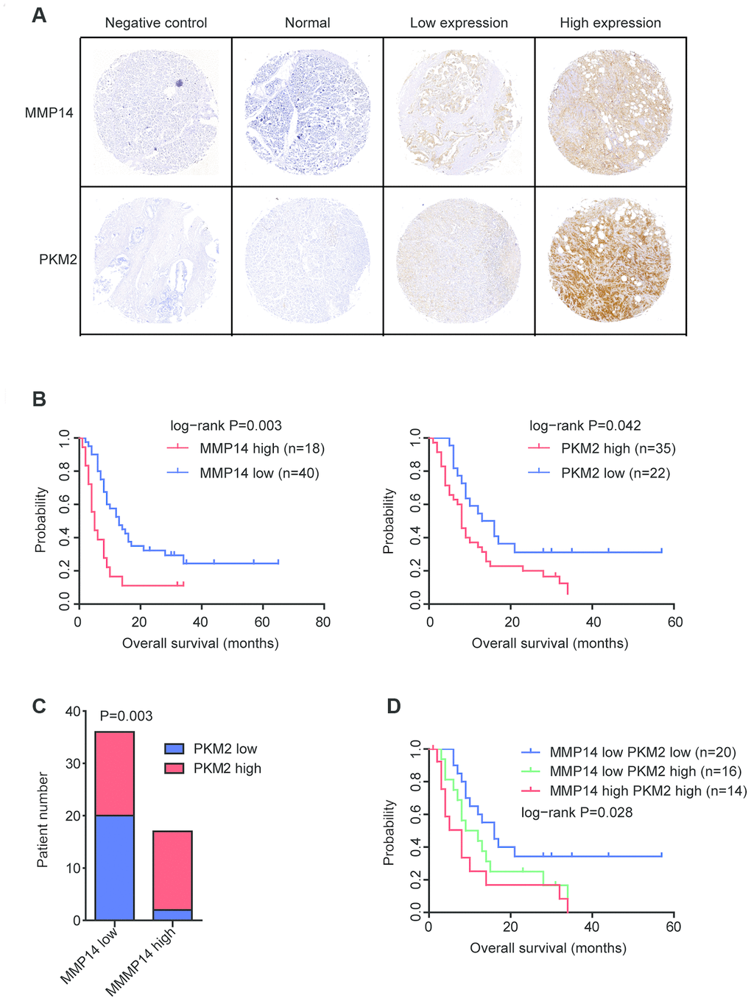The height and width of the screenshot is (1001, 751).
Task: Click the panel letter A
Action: (39, 15)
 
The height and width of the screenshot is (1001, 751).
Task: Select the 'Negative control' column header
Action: (156, 23)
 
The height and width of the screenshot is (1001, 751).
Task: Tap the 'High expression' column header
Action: (610, 23)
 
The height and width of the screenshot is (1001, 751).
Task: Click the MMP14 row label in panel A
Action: (49, 113)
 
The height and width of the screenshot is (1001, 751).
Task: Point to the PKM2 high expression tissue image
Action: (610, 260)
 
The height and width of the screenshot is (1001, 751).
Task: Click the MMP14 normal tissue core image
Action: (307, 113)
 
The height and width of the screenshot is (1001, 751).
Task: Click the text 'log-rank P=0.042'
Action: (585, 425)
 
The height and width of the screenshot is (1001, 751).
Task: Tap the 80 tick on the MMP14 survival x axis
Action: (322, 623)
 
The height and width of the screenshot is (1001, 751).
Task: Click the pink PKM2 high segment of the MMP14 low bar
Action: (115, 774)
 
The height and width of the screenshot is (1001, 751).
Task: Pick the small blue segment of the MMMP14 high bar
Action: (172, 915)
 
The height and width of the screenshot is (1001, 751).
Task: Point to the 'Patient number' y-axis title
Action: (43, 820)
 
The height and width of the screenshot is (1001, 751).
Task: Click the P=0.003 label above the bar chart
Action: (126, 716)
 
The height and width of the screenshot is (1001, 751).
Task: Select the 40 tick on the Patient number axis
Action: (73, 712)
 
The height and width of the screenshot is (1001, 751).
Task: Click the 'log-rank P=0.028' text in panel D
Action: (577, 813)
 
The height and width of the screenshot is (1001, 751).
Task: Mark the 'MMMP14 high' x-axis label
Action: (143, 962)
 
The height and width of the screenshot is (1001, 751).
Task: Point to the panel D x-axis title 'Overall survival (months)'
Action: (549, 948)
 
